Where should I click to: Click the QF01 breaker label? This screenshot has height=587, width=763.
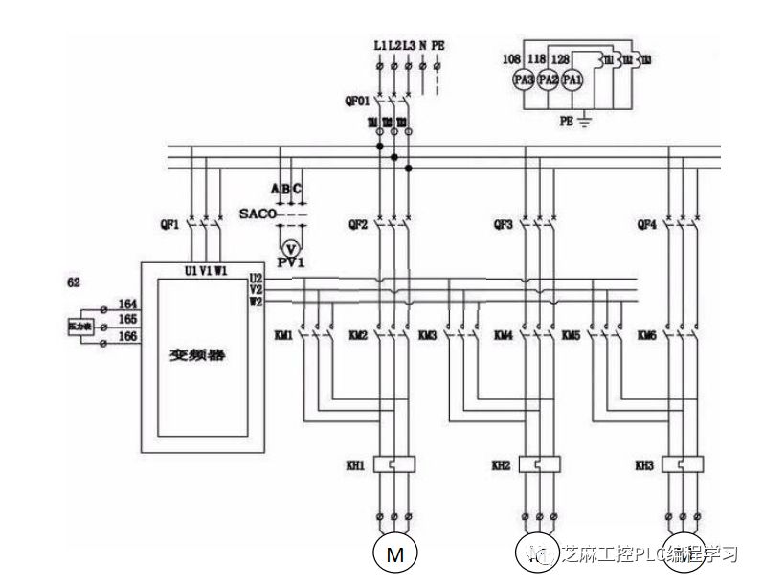pos(356,99)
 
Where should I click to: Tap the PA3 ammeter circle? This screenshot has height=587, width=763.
pos(524,80)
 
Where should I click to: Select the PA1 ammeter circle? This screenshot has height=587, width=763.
pos(572,80)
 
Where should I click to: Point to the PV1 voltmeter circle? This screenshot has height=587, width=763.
pos(284,245)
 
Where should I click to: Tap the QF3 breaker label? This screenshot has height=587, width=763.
pos(502,226)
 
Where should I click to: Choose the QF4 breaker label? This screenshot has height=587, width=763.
pos(646,226)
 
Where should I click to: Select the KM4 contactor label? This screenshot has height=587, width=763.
pos(503,336)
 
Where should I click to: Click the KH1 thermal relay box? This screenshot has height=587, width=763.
pos(393,465)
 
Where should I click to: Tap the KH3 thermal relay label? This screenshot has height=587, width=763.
pos(644,465)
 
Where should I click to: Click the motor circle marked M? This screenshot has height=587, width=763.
pos(393,553)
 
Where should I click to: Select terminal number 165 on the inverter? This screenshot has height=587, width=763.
pos(126,319)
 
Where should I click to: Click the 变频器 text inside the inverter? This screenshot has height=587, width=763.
pos(195,353)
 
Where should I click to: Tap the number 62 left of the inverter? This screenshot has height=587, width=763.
pos(73,283)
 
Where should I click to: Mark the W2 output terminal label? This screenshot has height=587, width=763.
pos(257,303)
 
